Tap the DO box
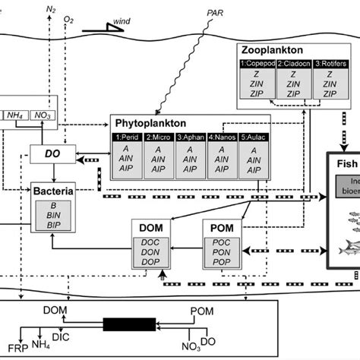pyautogui.click(x=50, y=154)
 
